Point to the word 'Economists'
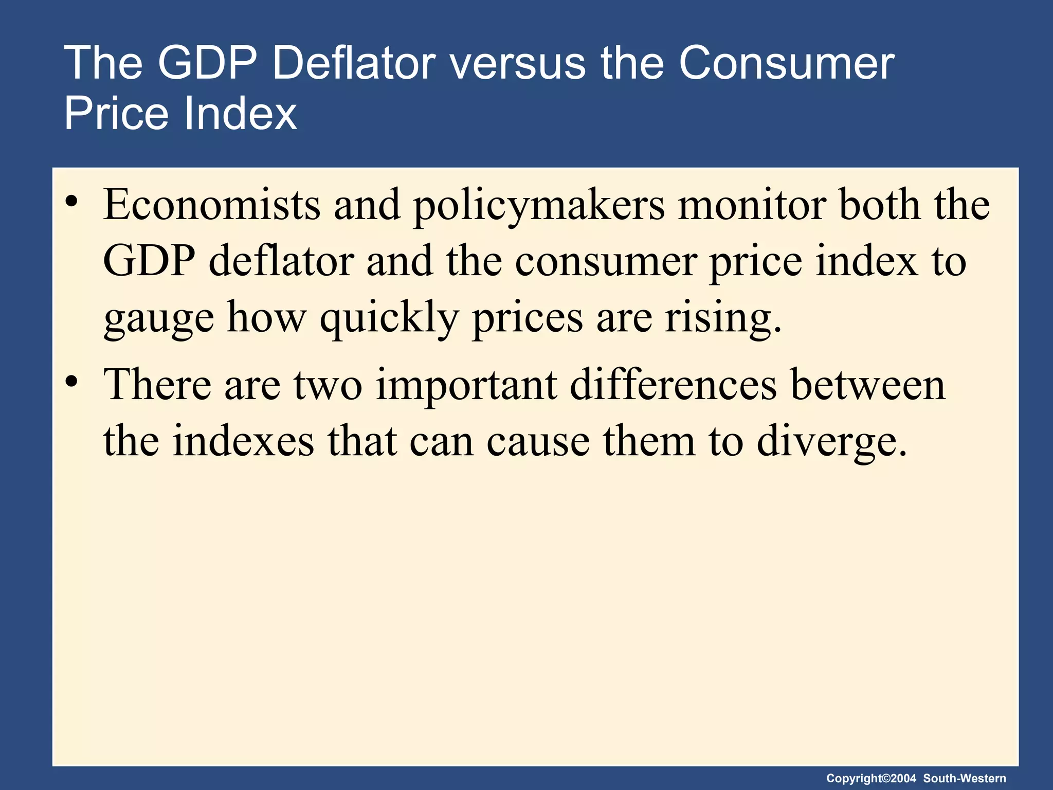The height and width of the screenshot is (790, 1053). coord(212,204)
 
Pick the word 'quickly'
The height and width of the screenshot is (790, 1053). coord(389,318)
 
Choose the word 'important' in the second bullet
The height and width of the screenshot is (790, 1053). coord(466,385)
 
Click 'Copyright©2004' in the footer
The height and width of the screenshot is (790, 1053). coord(871,778)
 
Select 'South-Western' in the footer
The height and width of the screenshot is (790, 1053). coord(965,778)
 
